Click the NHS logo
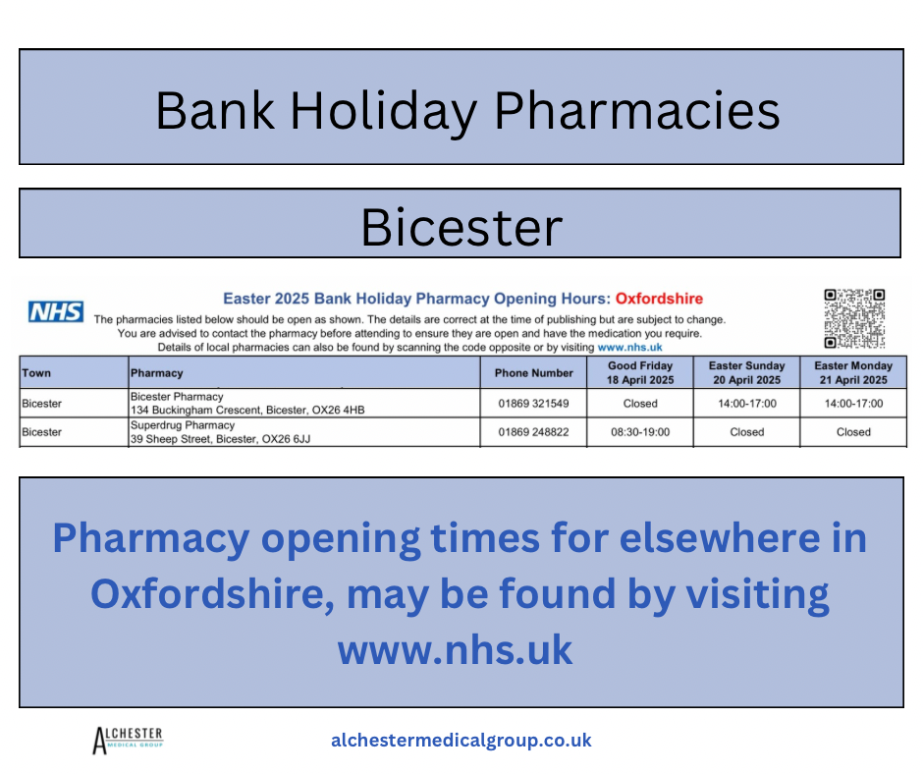56,311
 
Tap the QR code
854,318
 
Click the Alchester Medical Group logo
128,741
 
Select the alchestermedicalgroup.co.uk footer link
461,741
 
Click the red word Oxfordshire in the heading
659,299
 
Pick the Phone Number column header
533,373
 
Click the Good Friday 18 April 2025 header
640,373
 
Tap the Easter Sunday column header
746,373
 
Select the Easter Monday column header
853,373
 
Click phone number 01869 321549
533,404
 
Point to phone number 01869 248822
533,432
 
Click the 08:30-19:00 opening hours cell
640,432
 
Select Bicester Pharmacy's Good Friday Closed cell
640,404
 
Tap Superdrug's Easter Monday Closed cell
853,432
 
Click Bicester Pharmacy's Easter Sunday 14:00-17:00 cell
746,404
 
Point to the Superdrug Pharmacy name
183,425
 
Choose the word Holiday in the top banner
384,111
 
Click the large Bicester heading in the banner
461,227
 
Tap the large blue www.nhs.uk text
455,650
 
